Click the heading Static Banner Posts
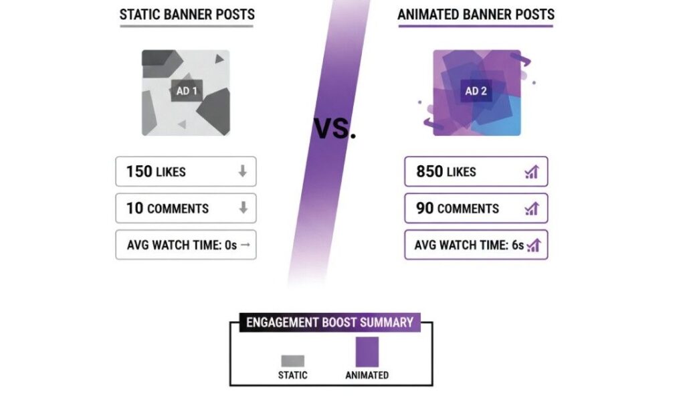(187, 14)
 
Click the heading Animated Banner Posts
(476, 14)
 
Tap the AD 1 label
(186, 91)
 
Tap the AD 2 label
(476, 91)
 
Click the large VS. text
(335, 128)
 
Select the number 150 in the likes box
(139, 171)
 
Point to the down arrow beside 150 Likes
(242, 171)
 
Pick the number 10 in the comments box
(134, 208)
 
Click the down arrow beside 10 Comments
(242, 208)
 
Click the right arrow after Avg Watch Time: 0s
(245, 245)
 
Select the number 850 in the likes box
(429, 171)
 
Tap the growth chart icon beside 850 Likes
(532, 172)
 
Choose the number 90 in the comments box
(425, 208)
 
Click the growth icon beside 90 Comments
(532, 209)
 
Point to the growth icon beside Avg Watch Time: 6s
(533, 245)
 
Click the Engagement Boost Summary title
(330, 322)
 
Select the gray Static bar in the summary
(292, 361)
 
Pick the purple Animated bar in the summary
(367, 352)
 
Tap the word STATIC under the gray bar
(292, 375)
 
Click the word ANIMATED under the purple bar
(367, 375)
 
